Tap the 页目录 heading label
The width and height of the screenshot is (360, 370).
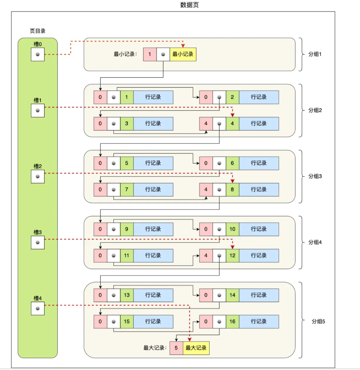(x=38, y=31)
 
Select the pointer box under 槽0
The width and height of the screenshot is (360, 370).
(x=38, y=54)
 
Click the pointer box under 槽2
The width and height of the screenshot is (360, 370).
(x=38, y=177)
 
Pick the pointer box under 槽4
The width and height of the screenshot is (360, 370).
(x=38, y=308)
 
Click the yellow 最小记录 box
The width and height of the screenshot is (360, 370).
(x=183, y=54)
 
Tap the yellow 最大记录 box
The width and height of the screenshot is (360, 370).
(x=196, y=348)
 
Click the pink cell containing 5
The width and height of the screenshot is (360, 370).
(x=176, y=348)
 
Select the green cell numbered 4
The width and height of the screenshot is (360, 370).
(x=232, y=123)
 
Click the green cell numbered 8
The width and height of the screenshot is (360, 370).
(x=232, y=189)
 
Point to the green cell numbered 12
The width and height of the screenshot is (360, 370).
(x=232, y=255)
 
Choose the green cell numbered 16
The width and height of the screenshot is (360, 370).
(x=232, y=321)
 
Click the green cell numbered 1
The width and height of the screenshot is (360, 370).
(x=127, y=97)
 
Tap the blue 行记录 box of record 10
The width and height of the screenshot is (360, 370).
(x=259, y=229)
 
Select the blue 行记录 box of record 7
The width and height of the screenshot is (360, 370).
(x=153, y=189)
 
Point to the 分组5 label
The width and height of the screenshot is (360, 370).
(x=319, y=321)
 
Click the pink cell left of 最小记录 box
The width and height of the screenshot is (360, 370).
(x=150, y=54)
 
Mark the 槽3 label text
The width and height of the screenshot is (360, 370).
(x=38, y=232)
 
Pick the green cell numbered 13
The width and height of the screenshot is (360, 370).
(x=127, y=295)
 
